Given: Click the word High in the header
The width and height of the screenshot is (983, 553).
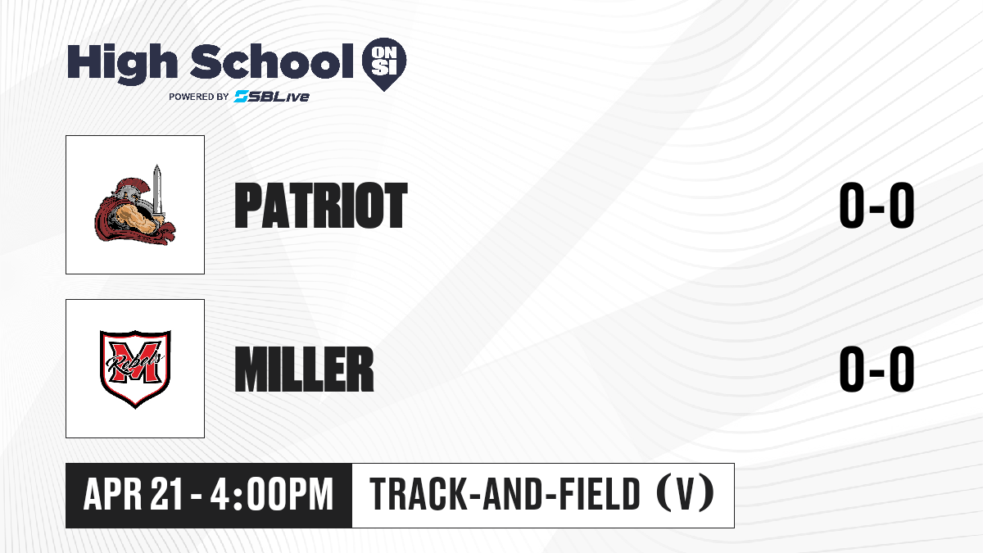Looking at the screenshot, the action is [x=122, y=63].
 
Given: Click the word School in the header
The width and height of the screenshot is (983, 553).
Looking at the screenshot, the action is [x=272, y=61].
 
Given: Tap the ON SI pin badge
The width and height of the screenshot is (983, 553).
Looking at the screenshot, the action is [x=384, y=64].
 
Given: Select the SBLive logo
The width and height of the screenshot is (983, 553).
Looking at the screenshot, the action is [x=272, y=97].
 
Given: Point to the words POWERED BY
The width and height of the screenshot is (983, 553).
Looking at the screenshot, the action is [x=199, y=97].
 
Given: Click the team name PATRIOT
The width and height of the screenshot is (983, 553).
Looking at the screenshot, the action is [x=321, y=206].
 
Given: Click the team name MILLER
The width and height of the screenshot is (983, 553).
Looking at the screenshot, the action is [x=304, y=369].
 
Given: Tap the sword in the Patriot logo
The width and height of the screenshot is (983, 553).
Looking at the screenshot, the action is [x=157, y=193].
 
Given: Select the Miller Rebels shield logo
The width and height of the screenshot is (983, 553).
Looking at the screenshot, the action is [x=135, y=369].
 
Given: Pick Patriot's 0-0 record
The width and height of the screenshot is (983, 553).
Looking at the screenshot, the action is [x=877, y=206].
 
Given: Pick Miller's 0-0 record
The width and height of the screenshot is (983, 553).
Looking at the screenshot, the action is [x=877, y=369].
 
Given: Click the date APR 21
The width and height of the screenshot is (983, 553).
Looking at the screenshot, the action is [x=133, y=495].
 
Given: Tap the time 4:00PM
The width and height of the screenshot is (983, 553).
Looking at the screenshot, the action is [x=272, y=495].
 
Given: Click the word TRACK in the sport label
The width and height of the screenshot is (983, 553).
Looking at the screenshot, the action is [x=418, y=494].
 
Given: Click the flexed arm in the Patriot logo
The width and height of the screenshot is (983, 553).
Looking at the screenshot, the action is [x=134, y=220].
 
